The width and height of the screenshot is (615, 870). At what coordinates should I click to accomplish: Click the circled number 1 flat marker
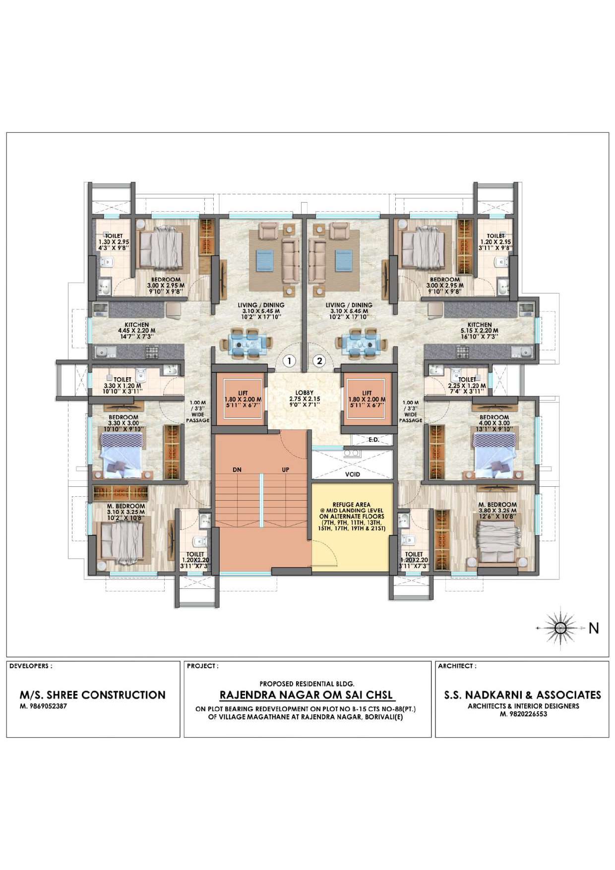click(x=289, y=361)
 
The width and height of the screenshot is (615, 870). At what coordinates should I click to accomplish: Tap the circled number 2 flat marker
click(x=319, y=361)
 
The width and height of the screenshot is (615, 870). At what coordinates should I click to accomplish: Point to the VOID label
click(x=353, y=474)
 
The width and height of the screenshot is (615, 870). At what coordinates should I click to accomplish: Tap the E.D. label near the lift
click(x=374, y=440)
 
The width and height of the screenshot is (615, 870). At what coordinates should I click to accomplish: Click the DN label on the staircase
click(x=237, y=469)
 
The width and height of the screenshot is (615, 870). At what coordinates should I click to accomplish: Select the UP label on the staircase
click(x=286, y=469)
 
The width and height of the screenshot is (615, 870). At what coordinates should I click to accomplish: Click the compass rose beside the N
click(x=560, y=628)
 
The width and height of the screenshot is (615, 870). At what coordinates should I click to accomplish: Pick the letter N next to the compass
click(x=594, y=628)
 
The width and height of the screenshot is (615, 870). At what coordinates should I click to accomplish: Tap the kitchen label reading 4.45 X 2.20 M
click(x=136, y=331)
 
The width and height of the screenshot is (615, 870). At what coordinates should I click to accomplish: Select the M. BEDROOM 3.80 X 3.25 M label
click(x=497, y=510)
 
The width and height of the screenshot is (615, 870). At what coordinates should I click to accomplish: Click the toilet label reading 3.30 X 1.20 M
click(x=122, y=385)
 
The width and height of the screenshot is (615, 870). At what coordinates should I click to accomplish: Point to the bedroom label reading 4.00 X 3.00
click(x=494, y=423)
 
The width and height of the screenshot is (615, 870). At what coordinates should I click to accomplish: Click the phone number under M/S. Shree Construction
click(x=43, y=706)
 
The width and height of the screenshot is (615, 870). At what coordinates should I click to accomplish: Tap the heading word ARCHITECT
click(x=455, y=666)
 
